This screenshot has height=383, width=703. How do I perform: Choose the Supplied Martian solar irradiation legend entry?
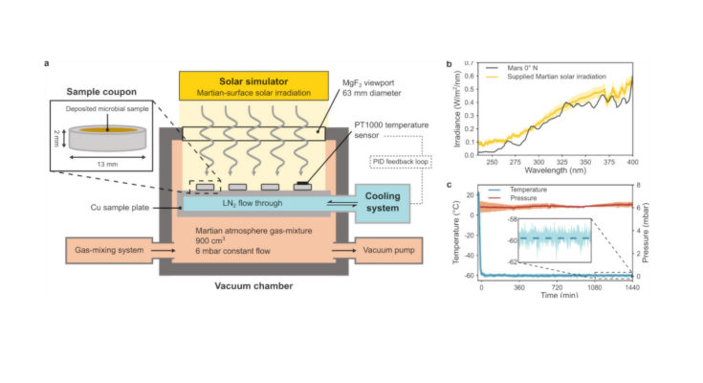pyautogui.click(x=562, y=78)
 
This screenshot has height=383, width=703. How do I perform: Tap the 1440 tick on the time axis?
pyautogui.click(x=632, y=287)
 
